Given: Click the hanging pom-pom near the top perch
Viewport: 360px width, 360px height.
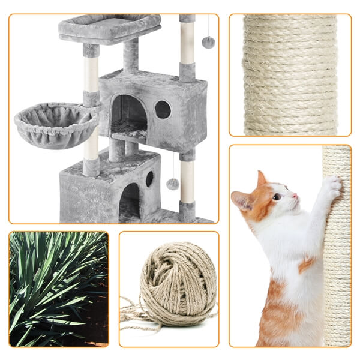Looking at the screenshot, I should [208, 42].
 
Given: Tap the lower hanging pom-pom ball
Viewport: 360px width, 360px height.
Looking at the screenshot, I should [173, 184].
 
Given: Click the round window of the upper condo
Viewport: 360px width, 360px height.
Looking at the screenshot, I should [163, 109].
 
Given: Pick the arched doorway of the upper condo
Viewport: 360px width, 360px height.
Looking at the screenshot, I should [129, 114].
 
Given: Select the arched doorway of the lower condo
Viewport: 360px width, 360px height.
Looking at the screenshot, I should [130, 201].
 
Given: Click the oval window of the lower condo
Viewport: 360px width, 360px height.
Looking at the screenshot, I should [149, 179].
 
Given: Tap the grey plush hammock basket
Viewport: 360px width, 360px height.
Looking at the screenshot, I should [55, 124].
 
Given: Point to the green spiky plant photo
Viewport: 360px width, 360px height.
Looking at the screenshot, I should [59, 289].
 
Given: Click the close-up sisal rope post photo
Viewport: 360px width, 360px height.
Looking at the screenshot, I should [290, 75].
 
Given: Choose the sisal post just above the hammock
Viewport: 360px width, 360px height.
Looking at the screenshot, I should [91, 75].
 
